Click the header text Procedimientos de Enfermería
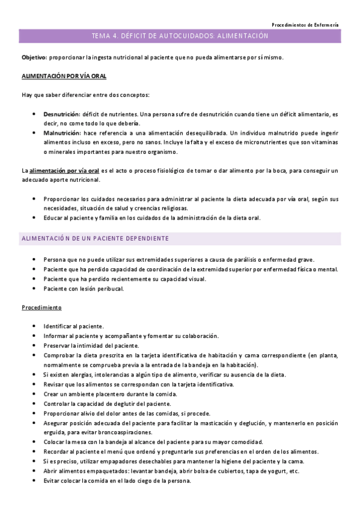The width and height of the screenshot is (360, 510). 305,25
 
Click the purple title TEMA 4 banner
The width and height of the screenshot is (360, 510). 180,37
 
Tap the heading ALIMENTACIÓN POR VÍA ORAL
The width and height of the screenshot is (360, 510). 64,77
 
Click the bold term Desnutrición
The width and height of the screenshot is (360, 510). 61,114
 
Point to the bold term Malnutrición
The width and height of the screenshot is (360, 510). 62,132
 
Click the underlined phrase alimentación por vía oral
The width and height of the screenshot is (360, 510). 64,171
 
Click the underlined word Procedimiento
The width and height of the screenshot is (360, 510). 41,307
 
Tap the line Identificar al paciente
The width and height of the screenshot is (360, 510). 74,327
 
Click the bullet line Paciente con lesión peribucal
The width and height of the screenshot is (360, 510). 84,288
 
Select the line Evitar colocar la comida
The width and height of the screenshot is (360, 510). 117,481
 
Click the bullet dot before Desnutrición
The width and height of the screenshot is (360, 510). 34,114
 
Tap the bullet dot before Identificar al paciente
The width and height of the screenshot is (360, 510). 34,327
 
